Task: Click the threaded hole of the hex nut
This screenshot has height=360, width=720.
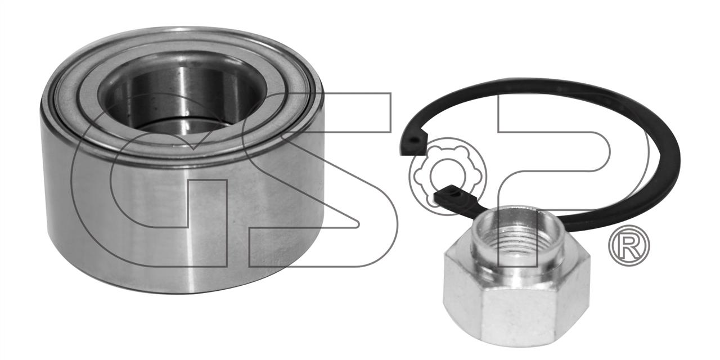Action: click(516, 236)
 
